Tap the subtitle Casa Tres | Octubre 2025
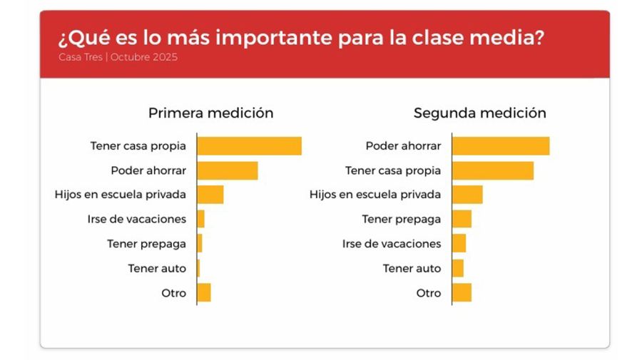click(118, 57)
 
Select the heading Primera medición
click(210, 113)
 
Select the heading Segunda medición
click(479, 113)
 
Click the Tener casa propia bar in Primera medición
click(249, 146)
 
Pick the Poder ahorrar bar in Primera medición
click(227, 170)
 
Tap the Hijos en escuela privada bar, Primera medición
click(210, 195)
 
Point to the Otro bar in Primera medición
click(203, 293)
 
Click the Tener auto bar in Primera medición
click(198, 268)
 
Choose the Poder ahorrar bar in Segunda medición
click(501, 146)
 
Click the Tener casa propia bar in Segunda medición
click(493, 170)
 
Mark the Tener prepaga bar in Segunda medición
click(462, 219)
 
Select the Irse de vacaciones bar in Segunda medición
click(459, 244)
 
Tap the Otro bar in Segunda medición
click(462, 293)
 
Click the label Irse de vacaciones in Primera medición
click(136, 219)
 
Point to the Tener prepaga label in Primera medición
click(146, 244)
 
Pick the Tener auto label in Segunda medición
click(412, 268)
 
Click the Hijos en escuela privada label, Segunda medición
click(374, 195)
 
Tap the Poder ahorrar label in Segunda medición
click(403, 146)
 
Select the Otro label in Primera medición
click(173, 293)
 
